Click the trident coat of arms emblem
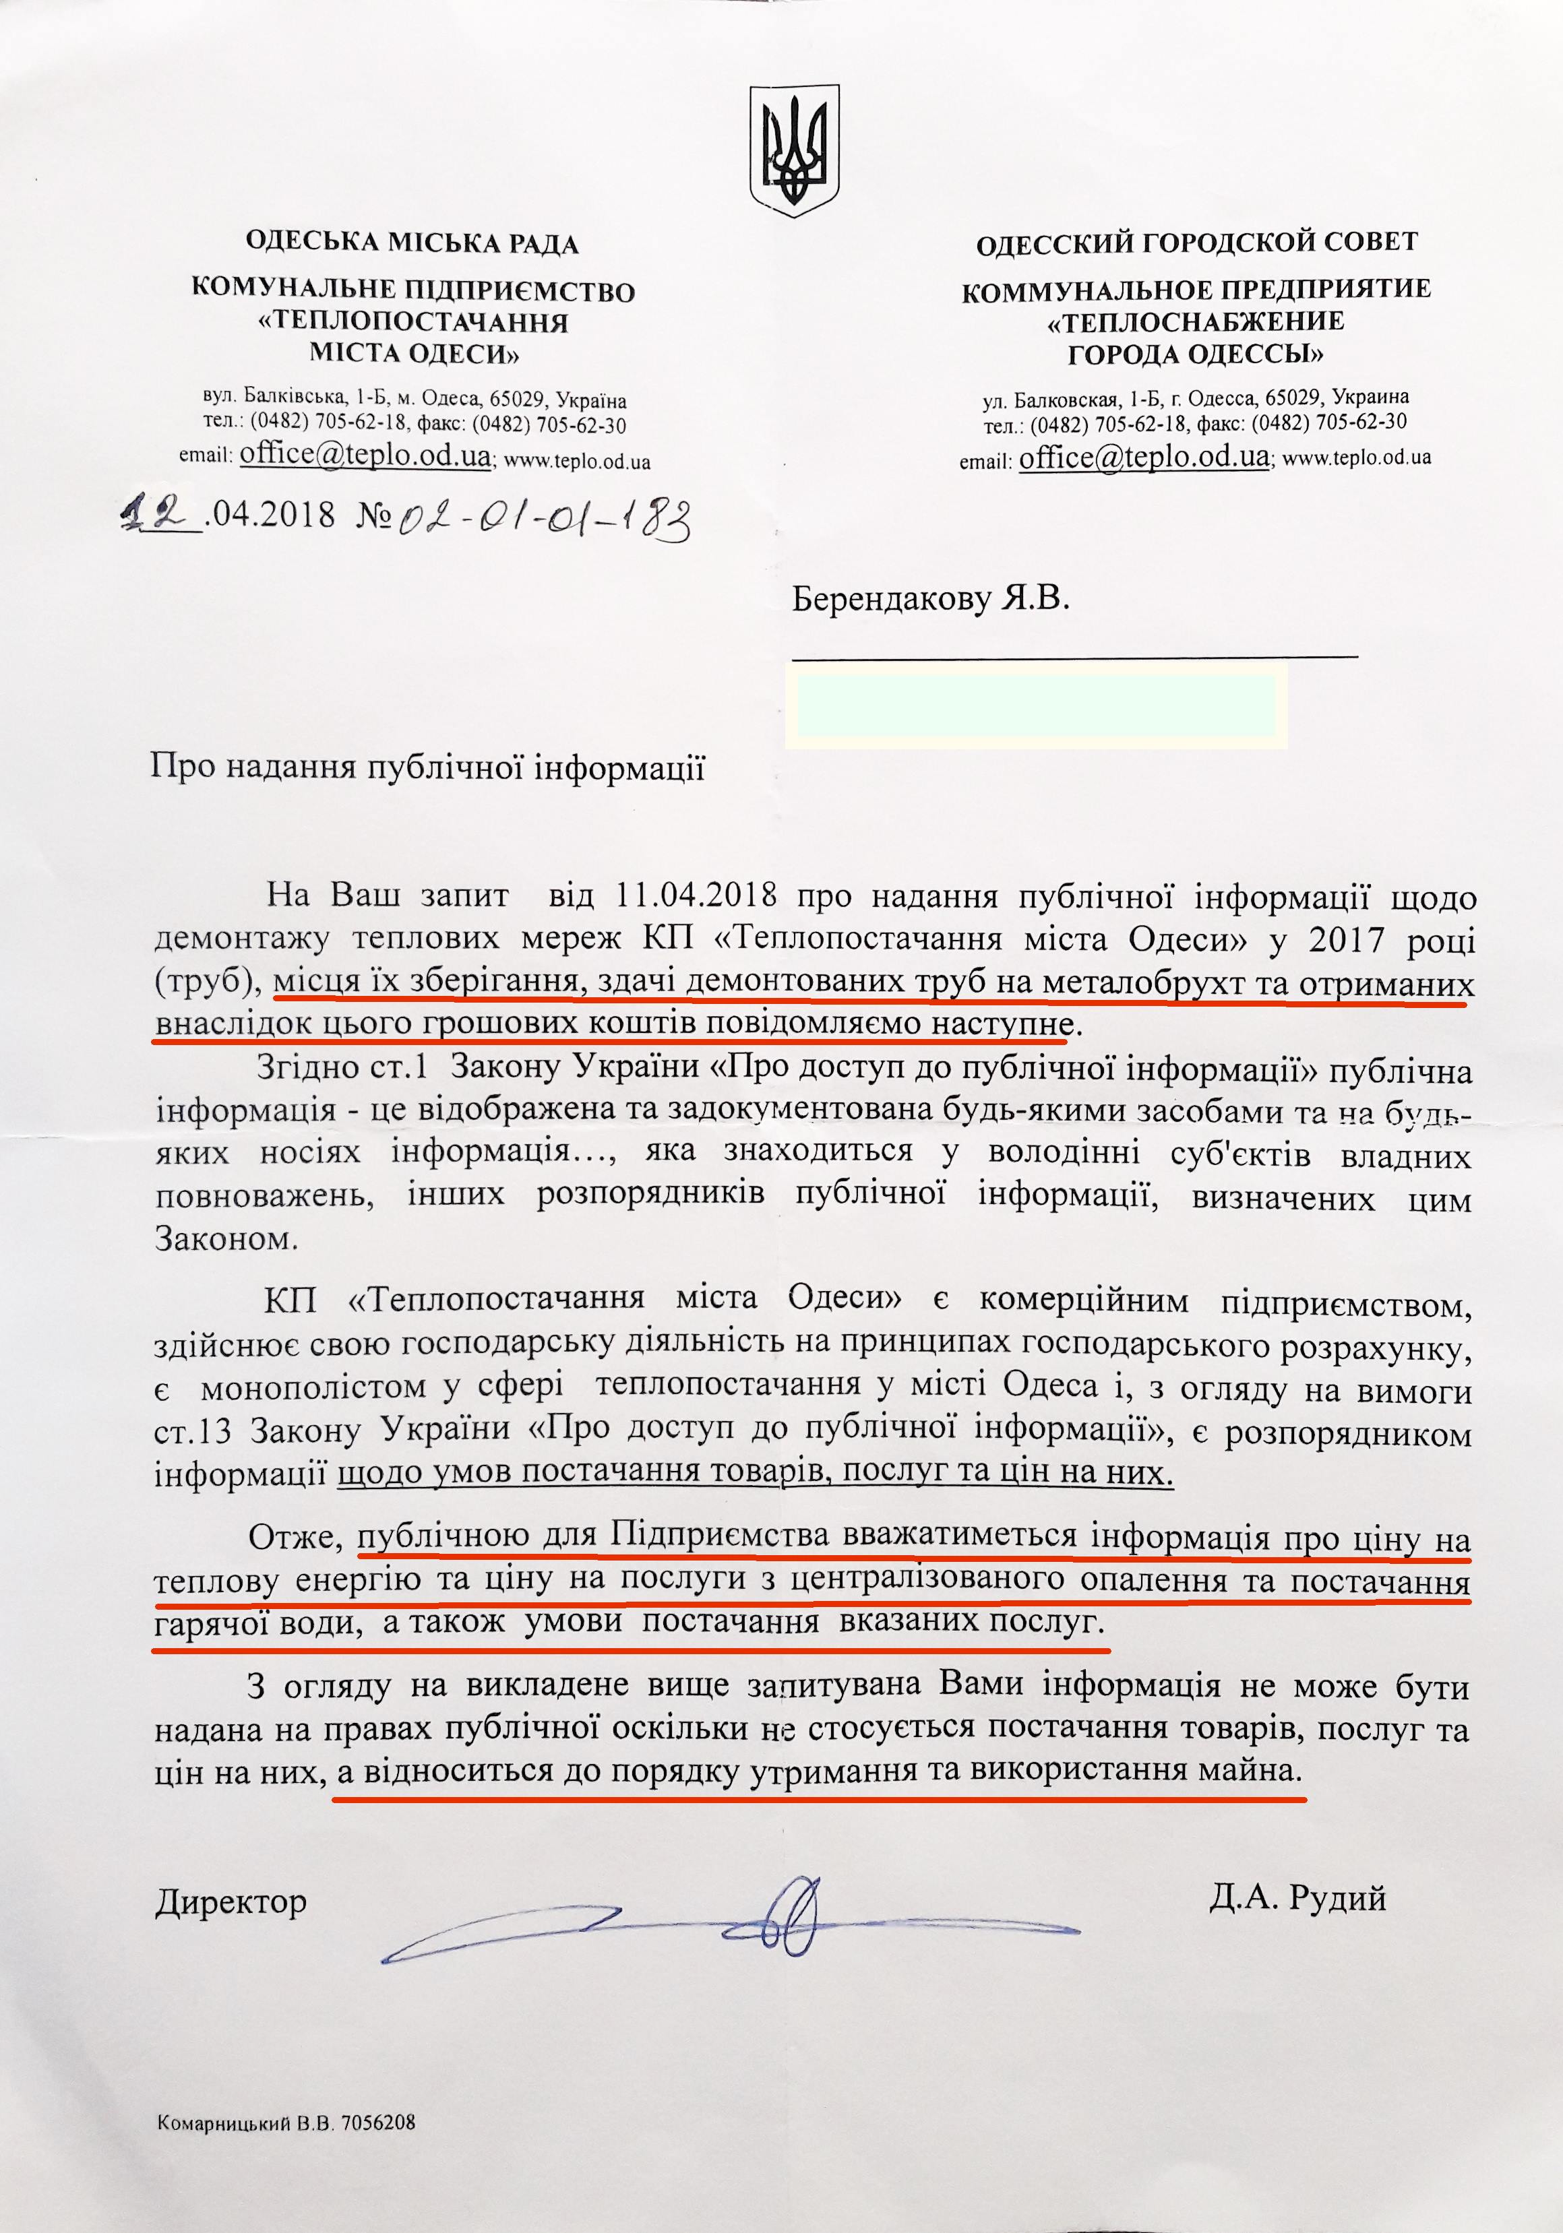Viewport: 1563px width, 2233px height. (794, 147)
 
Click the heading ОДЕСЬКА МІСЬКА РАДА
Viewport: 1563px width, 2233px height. (412, 244)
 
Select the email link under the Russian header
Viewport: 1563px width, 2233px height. (1144, 456)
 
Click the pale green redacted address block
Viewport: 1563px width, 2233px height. (1036, 705)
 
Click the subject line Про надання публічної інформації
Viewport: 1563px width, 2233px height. (428, 769)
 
